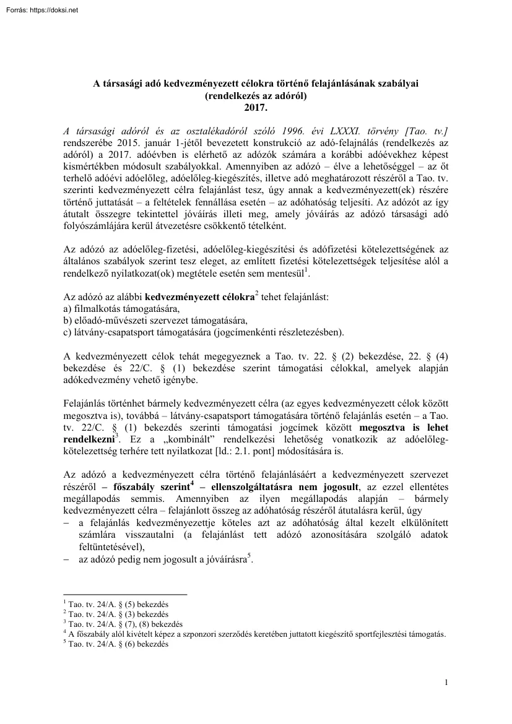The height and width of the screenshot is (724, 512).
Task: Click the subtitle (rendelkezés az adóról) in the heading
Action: coord(255,96)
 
